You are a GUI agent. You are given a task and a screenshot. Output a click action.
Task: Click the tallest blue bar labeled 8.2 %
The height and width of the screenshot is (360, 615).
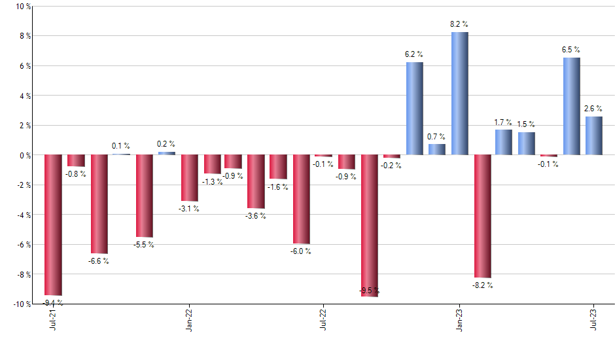click(459, 94)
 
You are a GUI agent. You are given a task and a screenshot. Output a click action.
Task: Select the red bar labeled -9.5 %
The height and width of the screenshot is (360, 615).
click(370, 226)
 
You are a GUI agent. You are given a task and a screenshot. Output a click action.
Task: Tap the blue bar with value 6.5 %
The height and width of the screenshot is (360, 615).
click(571, 106)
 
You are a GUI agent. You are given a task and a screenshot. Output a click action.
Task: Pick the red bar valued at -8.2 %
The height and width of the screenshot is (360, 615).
click(483, 216)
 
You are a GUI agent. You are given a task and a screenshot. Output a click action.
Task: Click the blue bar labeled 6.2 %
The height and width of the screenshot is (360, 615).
click(414, 109)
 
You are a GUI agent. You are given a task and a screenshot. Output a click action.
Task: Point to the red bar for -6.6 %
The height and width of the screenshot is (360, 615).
click(99, 204)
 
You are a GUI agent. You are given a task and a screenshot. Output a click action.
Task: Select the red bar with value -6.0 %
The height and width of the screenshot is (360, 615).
click(301, 200)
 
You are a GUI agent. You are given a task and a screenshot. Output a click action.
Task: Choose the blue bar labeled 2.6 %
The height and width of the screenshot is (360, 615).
click(594, 135)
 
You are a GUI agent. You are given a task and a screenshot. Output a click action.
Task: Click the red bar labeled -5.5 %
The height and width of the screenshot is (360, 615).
click(145, 196)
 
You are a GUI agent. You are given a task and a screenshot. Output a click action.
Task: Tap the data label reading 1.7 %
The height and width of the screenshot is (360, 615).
click(503, 122)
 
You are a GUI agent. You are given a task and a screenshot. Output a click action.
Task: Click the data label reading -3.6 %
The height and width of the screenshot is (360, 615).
click(256, 216)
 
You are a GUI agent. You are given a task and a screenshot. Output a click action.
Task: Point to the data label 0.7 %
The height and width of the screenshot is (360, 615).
click(436, 137)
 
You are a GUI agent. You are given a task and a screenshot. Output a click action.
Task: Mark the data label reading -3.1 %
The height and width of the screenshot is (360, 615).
click(189, 209)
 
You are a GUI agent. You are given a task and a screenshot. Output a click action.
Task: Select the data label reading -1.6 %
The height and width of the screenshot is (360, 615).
click(278, 187)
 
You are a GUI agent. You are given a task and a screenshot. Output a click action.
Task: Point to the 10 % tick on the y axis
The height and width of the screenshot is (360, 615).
click(23, 7)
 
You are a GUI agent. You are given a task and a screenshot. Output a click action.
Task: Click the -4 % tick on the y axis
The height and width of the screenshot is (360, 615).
click(23, 215)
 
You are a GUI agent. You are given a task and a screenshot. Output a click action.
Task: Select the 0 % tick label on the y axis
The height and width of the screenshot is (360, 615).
click(25, 155)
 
